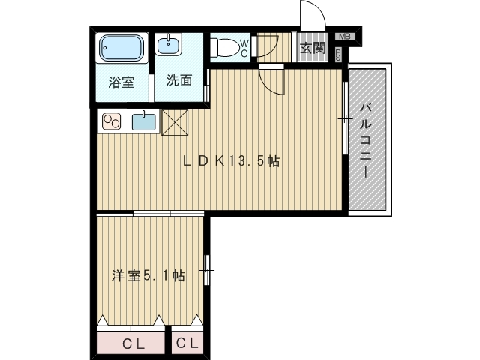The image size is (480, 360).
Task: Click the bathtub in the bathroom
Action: [x=121, y=48]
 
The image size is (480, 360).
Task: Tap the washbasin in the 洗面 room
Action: [x=168, y=44]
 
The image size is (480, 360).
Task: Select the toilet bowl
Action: [x=225, y=47]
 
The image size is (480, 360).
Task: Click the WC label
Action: [x=244, y=48]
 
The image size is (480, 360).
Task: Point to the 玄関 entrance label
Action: [x=313, y=48]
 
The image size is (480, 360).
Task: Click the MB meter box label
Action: [x=345, y=37]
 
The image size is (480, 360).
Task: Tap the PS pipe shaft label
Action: [x=338, y=55]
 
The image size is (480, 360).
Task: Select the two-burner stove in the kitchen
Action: [x=112, y=121]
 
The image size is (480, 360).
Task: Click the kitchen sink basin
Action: [x=143, y=121]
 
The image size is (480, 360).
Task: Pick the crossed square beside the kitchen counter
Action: [x=175, y=122]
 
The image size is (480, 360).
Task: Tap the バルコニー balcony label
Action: [x=366, y=140]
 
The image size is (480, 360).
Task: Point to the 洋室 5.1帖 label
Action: [x=148, y=276]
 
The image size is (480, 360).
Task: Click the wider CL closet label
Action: [x=133, y=344]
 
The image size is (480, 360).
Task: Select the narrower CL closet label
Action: [x=187, y=343]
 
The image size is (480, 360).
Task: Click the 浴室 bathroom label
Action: [x=121, y=82]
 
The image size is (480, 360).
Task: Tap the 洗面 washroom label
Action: [x=179, y=80]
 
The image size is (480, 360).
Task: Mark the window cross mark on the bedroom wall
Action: [x=207, y=270]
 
